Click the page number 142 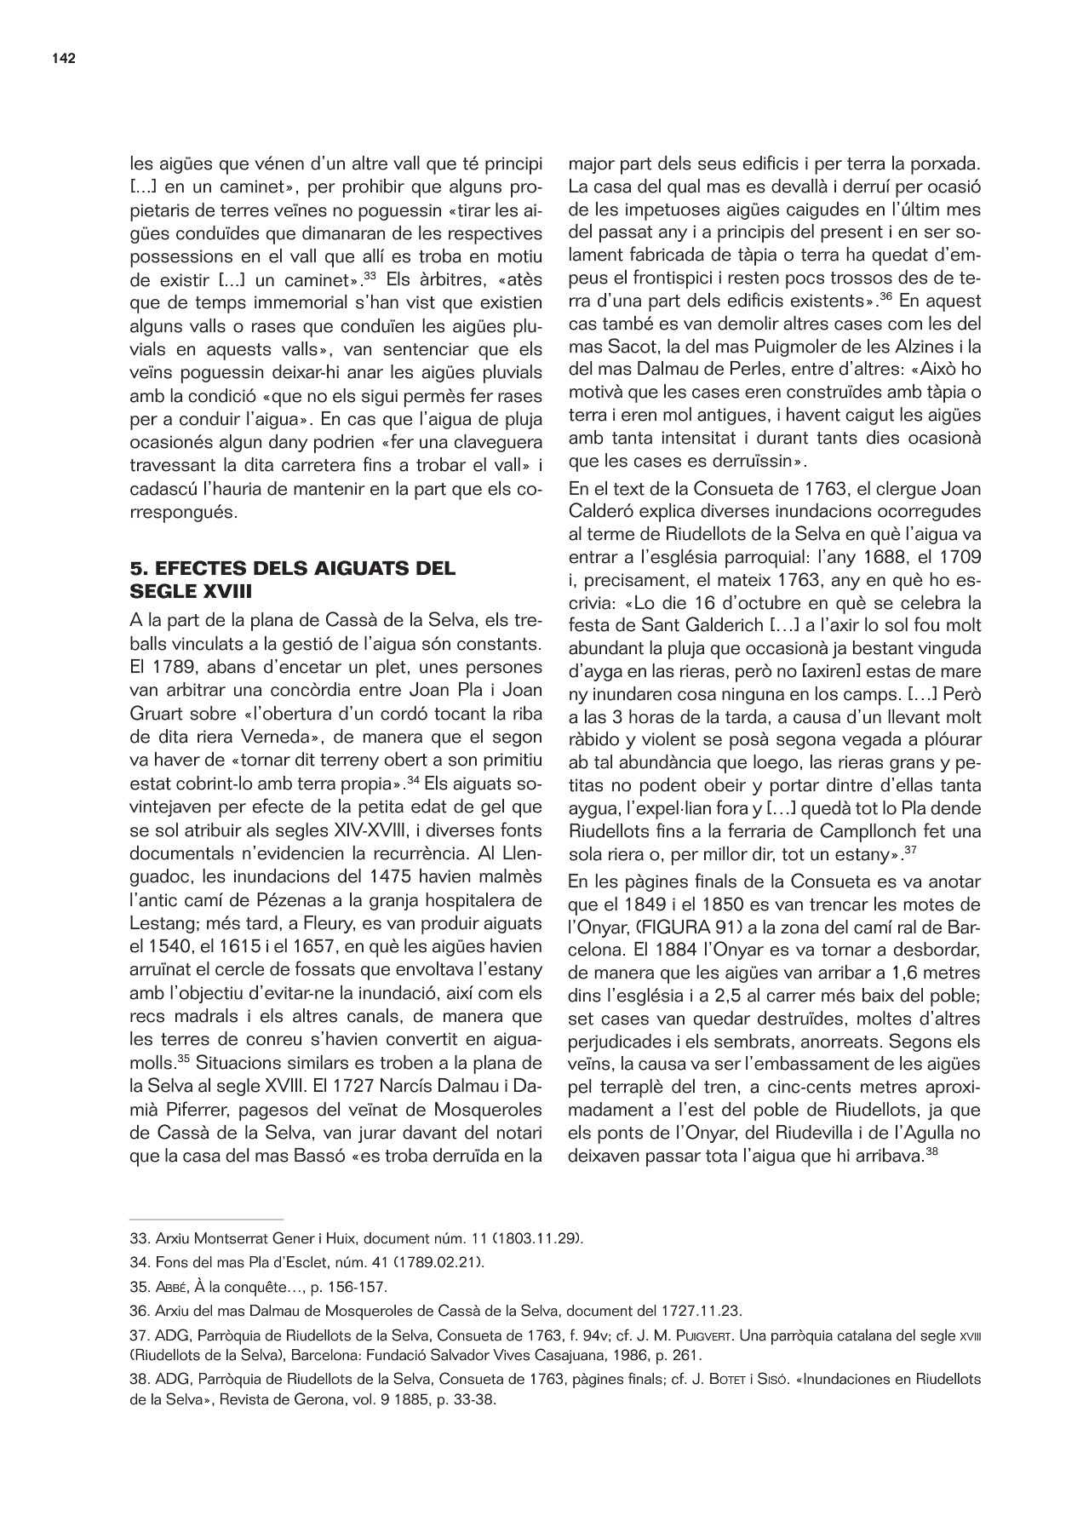point(64,59)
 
